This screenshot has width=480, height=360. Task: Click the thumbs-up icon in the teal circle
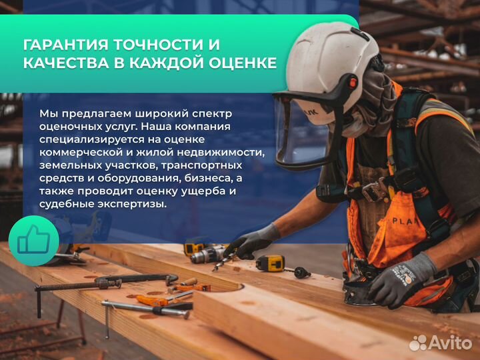pos(34,239)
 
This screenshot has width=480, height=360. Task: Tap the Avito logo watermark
pos(441,343)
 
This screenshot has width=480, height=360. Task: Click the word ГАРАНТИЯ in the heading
pos(65,45)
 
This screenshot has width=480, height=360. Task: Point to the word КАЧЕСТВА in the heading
pos(66,63)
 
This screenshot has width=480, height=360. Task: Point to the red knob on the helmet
pos(353,82)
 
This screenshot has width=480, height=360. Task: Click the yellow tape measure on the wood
pos(270,263)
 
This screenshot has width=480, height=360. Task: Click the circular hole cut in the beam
pos(227,288)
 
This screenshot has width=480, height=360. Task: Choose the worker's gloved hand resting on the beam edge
pos(401,279)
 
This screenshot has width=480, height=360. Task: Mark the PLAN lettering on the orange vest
pos(404,221)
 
